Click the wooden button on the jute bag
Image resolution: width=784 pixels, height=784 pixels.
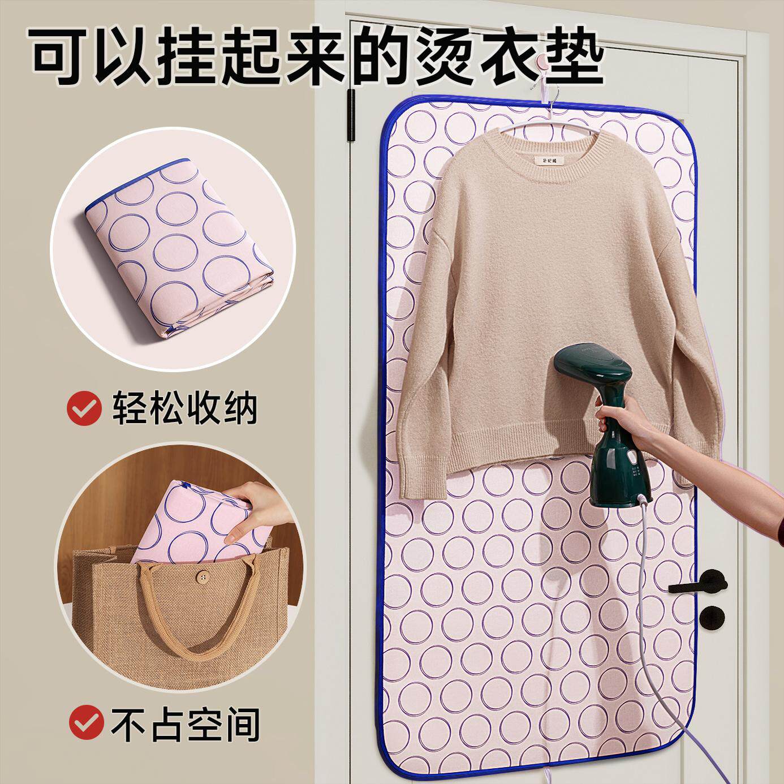(202, 576)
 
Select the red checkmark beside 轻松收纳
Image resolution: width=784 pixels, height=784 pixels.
(84, 408)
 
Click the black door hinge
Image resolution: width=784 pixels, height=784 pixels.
(351, 115)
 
